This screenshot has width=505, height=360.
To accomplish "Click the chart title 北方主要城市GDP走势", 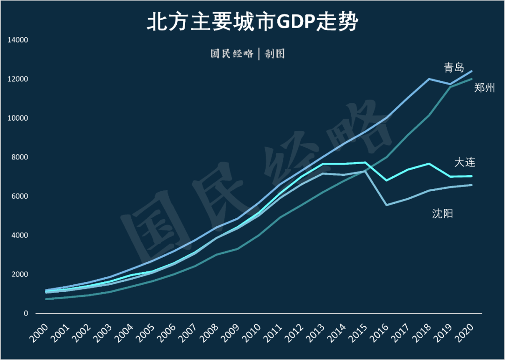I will pyautogui.click(x=252, y=22).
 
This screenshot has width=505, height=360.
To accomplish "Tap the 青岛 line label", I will pyautogui.click(x=454, y=68).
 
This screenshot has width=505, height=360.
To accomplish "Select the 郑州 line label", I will pyautogui.click(x=484, y=87).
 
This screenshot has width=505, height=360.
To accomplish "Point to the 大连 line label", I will pyautogui.click(x=465, y=162).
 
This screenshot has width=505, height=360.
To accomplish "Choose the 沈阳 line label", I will pyautogui.click(x=442, y=214).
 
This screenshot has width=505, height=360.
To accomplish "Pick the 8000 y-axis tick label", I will pyautogui.click(x=20, y=157).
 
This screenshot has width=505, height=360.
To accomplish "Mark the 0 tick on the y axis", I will pyautogui.click(x=27, y=313).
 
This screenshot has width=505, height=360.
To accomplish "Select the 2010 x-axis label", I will pyautogui.click(x=253, y=333).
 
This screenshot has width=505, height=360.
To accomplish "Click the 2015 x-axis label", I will pyautogui.click(x=360, y=333).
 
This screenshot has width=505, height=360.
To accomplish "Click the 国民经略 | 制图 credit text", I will pyautogui.click(x=247, y=54).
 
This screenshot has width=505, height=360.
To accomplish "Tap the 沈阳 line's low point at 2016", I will pyautogui.click(x=386, y=205).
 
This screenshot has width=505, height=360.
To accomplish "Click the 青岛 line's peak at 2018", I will pyautogui.click(x=429, y=79).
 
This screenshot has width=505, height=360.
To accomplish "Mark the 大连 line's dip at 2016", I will pyautogui.click(x=386, y=180).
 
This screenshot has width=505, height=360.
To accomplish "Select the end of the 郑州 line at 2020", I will pyautogui.click(x=471, y=79).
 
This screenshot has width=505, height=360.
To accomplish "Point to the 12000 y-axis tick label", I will pyautogui.click(x=18, y=79).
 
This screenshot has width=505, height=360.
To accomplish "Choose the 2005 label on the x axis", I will pyautogui.click(x=147, y=333).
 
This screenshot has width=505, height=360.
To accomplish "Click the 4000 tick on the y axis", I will pyautogui.click(x=20, y=235).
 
